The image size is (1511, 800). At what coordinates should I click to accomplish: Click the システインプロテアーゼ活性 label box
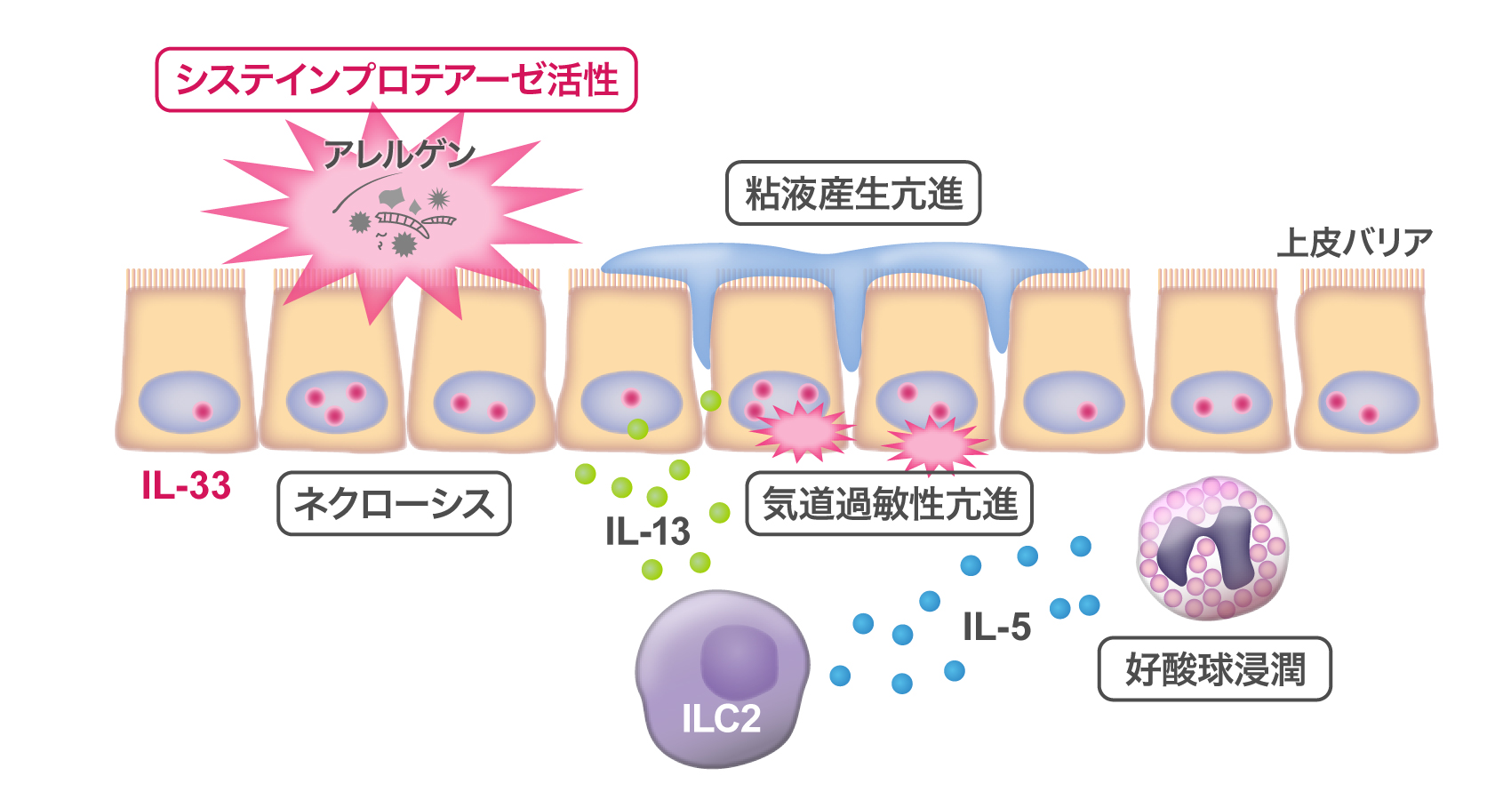(x=396, y=80)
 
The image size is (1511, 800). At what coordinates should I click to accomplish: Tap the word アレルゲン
(x=399, y=155)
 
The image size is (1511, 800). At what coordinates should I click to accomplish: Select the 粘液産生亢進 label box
(x=853, y=193)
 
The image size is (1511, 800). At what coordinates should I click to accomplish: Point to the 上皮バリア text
(x=1355, y=242)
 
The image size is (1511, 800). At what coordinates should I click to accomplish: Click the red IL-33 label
(x=187, y=485)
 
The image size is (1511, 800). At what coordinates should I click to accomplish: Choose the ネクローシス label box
(x=394, y=504)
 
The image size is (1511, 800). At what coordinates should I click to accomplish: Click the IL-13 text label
(x=647, y=532)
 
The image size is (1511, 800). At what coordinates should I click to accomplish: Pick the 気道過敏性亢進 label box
(x=889, y=504)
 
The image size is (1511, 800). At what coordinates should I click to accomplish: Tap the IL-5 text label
(x=996, y=627)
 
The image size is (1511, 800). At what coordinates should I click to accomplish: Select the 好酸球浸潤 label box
(x=1214, y=669)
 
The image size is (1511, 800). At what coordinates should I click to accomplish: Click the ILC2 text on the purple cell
(x=721, y=718)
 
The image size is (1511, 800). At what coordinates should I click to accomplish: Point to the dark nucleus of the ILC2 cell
(x=739, y=660)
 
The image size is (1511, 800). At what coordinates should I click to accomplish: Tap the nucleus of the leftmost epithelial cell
(x=189, y=403)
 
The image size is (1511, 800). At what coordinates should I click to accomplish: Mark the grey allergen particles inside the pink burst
(x=400, y=218)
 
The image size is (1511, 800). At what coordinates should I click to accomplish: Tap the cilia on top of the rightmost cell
(x=1362, y=279)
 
